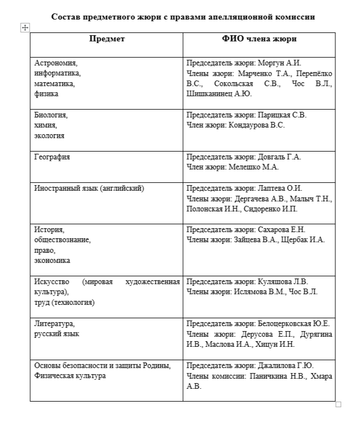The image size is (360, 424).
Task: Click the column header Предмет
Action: pyautogui.click(x=106, y=39)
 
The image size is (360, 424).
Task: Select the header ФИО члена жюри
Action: pyautogui.click(x=259, y=39)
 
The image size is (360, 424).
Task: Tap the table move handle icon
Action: pyautogui.click(x=24, y=27)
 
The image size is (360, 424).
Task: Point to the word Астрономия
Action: pyautogui.click(x=55, y=63)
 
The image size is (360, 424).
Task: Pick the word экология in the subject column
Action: pyautogui.click(x=49, y=135)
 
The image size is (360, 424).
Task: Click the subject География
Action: pyautogui.click(x=52, y=157)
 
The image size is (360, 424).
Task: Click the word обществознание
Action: pyautogui.click(x=62, y=240)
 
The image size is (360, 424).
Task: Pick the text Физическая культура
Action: pyautogui.click(x=70, y=376)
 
